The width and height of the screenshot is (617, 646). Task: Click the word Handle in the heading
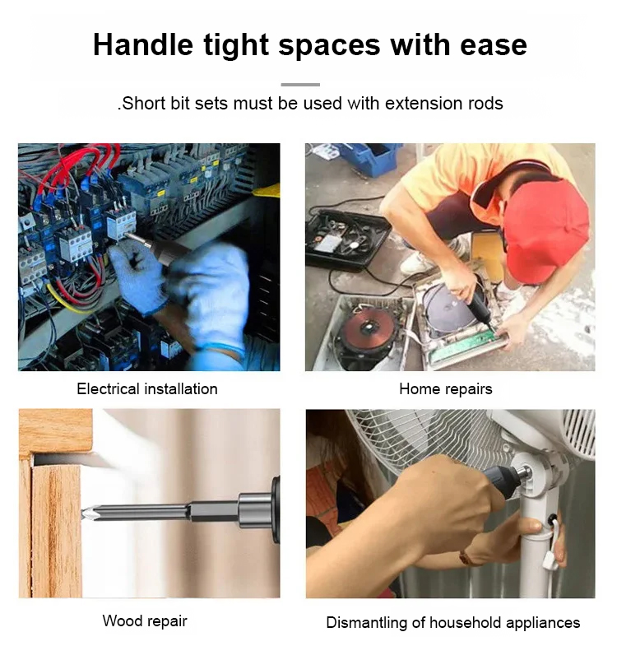click(143, 44)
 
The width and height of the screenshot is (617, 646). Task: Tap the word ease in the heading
click(494, 45)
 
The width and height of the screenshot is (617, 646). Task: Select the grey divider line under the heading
click(300, 85)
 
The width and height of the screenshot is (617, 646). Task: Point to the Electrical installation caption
click(147, 389)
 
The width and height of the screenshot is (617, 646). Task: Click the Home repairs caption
click(446, 389)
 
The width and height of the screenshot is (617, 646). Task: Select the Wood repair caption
click(145, 620)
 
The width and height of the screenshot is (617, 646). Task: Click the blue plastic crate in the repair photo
click(369, 158)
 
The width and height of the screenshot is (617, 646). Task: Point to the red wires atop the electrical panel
click(78, 165)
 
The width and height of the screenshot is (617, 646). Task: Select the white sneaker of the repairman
click(417, 263)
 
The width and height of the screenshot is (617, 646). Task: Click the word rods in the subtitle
click(485, 103)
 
